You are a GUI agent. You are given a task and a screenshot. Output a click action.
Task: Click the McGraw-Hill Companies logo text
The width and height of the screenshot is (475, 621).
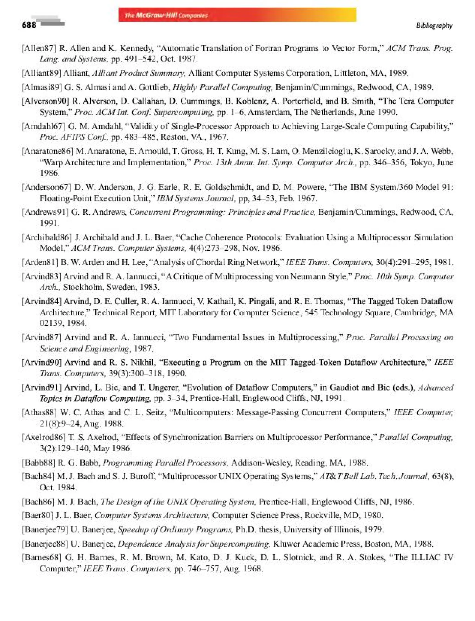point(166,15)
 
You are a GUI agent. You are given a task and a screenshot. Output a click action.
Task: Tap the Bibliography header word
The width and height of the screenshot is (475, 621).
point(434,26)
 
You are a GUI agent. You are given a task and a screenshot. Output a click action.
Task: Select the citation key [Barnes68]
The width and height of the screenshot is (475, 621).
point(41,557)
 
